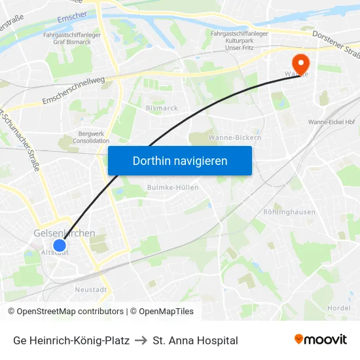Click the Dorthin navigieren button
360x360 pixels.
[x=179, y=160]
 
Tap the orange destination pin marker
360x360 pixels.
[x=300, y=63]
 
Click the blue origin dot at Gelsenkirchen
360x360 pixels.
[x=59, y=245]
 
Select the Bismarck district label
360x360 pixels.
[x=162, y=108]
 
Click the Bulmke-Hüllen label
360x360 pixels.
[x=173, y=187]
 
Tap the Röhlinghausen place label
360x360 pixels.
[x=289, y=212]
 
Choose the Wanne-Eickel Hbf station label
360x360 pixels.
[x=331, y=122]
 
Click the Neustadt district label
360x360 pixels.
[x=90, y=289]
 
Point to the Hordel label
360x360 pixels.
[x=338, y=308]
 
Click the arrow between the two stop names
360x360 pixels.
[x=141, y=340]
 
